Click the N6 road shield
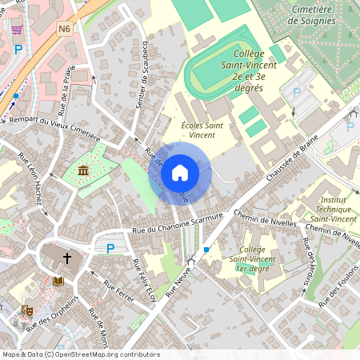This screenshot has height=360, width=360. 65,29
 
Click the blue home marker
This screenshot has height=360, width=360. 180,172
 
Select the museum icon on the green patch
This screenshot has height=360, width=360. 84,170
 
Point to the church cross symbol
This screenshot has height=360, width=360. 67,258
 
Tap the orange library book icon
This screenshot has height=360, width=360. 58,282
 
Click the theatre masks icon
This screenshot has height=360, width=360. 26,308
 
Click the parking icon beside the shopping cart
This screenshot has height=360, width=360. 18,49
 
